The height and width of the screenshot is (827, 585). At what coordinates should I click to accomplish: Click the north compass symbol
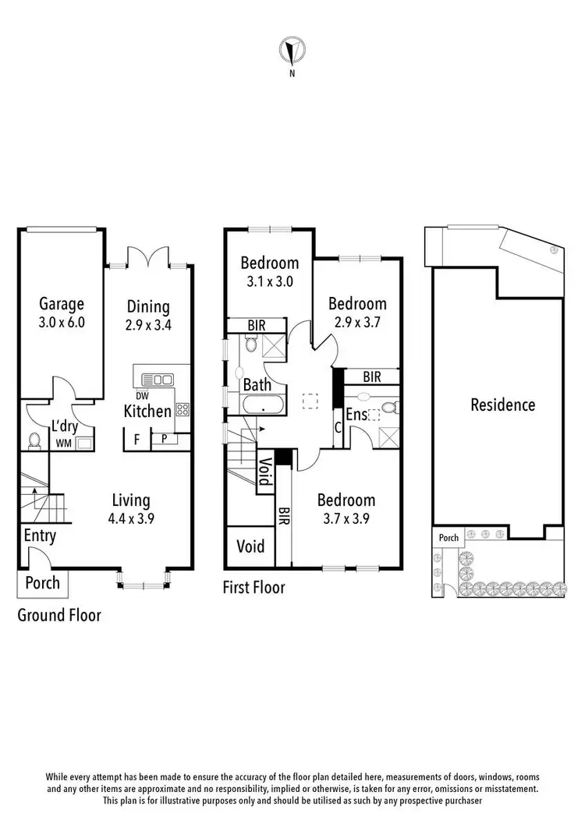click(292, 52)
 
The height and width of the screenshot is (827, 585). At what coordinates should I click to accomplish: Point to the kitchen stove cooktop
click(183, 409)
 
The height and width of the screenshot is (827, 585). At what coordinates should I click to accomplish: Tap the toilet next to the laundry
click(34, 441)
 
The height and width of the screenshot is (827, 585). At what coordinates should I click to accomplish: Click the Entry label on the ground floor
click(39, 535)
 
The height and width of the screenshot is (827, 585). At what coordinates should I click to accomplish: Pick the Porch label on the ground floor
click(42, 583)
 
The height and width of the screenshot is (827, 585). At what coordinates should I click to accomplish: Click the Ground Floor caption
click(59, 615)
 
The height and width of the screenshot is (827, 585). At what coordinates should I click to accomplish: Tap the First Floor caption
click(254, 588)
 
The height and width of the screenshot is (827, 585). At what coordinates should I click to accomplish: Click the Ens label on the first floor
click(356, 415)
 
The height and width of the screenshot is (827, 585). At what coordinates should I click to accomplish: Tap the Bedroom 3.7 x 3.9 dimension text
click(346, 518)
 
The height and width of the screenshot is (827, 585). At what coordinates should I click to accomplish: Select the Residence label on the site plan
click(502, 405)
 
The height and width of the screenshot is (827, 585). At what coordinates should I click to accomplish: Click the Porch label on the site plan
click(448, 537)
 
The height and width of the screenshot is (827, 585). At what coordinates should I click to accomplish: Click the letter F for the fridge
click(136, 440)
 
